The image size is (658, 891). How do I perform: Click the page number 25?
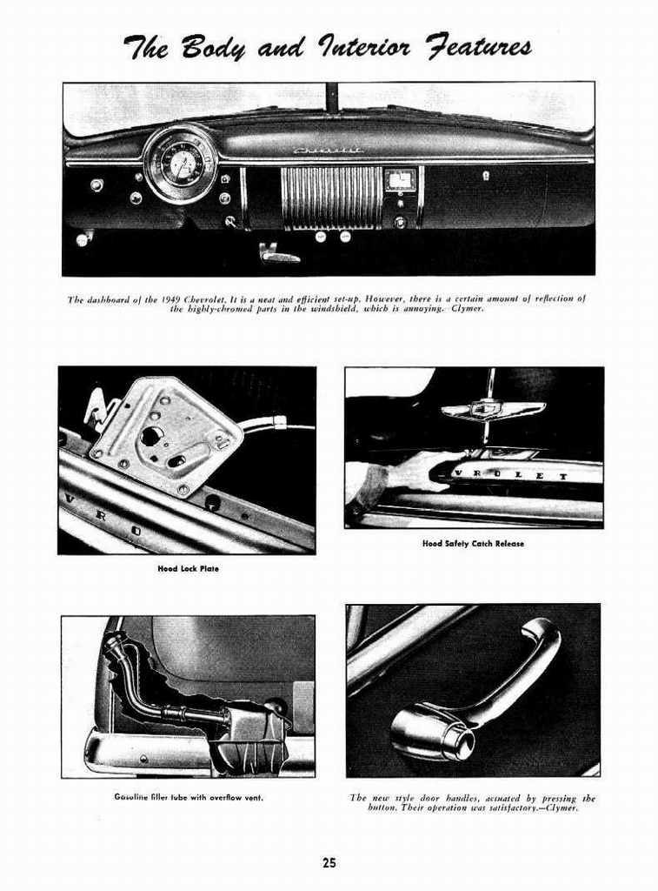[x=329, y=863]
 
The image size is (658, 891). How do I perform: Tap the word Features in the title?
[x=469, y=45]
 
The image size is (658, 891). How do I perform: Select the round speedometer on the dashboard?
[x=181, y=163]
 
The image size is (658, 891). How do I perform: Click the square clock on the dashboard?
[x=400, y=180]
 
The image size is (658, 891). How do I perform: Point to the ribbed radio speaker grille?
[x=331, y=197]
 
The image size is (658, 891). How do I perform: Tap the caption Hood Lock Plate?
[x=188, y=569]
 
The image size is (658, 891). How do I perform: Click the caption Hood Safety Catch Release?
[x=473, y=544]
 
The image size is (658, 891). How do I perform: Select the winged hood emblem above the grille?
[x=492, y=408]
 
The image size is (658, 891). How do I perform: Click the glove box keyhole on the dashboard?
[x=486, y=176]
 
